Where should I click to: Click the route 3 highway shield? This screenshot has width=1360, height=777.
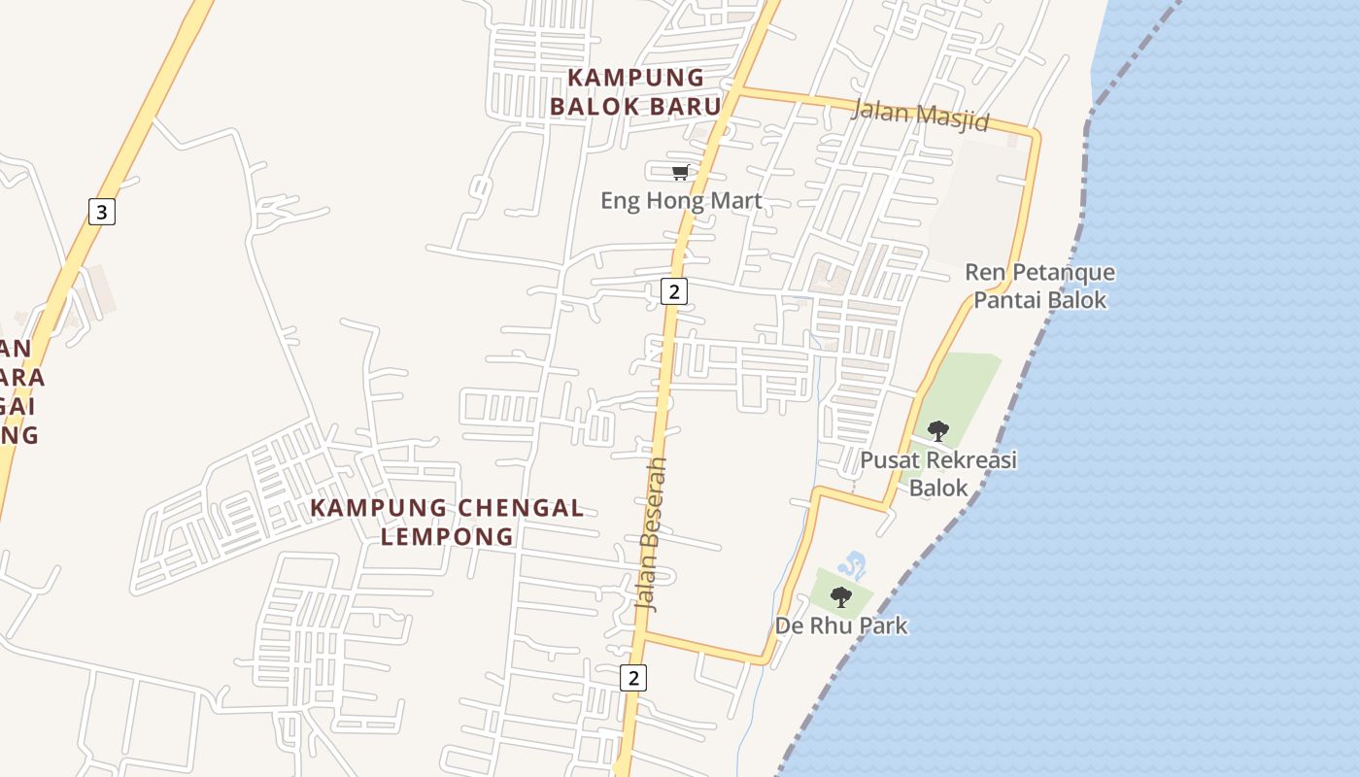[x=102, y=211]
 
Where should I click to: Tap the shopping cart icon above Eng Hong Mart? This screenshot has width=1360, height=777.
[x=681, y=172]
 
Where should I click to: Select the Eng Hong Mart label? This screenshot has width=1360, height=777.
[x=681, y=201]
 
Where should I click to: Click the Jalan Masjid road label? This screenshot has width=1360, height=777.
[x=919, y=116]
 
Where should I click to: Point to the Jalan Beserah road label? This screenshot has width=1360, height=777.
[x=653, y=533]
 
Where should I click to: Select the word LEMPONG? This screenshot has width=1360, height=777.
[x=447, y=535]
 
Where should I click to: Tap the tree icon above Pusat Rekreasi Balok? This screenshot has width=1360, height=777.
[x=937, y=429]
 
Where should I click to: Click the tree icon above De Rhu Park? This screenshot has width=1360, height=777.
[x=841, y=596]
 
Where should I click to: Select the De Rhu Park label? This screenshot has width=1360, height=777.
[x=841, y=625]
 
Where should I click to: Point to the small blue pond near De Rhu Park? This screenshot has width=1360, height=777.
[x=853, y=564]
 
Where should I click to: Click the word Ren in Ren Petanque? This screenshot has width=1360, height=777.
[x=984, y=272]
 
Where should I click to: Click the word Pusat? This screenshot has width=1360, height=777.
[x=889, y=459]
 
